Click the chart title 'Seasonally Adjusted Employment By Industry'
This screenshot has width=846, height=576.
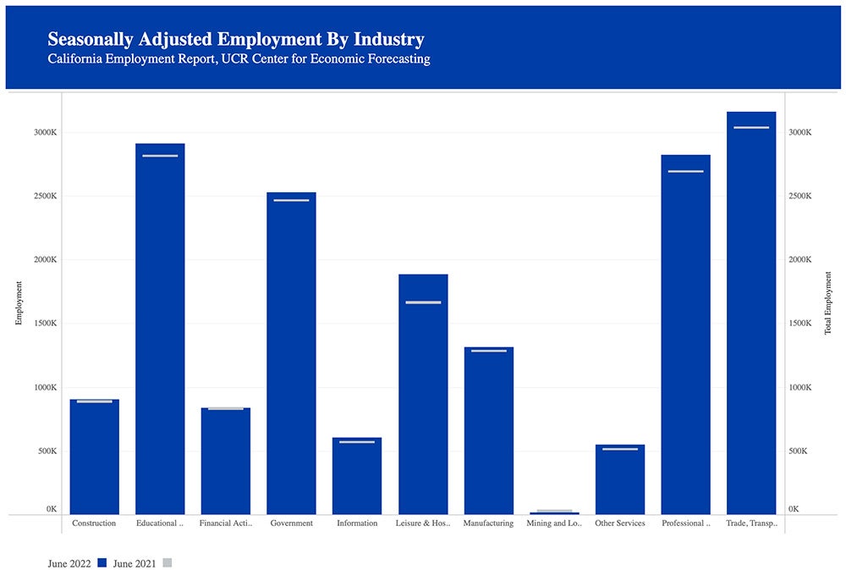coord(236,39)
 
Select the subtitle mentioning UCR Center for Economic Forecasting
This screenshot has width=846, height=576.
coord(239,59)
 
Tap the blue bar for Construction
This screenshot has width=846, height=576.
coord(94,457)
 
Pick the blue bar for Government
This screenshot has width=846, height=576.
coord(291,356)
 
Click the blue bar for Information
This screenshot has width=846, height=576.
coord(357,479)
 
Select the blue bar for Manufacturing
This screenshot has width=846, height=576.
coord(488,432)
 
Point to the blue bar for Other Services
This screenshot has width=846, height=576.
coord(620,483)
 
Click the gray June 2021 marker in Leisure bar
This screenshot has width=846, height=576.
coord(423,302)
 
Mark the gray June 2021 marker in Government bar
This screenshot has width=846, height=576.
coord(291,201)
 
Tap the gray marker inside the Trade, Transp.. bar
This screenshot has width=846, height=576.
coord(751,128)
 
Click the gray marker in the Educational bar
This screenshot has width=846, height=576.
coord(160,156)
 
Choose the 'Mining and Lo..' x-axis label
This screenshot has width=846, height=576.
coord(554,523)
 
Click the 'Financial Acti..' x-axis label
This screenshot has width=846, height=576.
coord(225,523)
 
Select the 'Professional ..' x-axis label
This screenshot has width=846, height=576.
coord(685,523)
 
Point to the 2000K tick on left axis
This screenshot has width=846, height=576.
coord(45,260)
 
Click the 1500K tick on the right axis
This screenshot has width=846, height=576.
coord(800,324)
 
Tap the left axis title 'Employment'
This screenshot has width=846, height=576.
coord(19,303)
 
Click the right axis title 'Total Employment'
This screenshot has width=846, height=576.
coord(828,303)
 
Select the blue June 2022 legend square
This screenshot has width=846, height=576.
coord(102,562)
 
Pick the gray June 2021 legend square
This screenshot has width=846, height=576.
coord(167,562)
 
